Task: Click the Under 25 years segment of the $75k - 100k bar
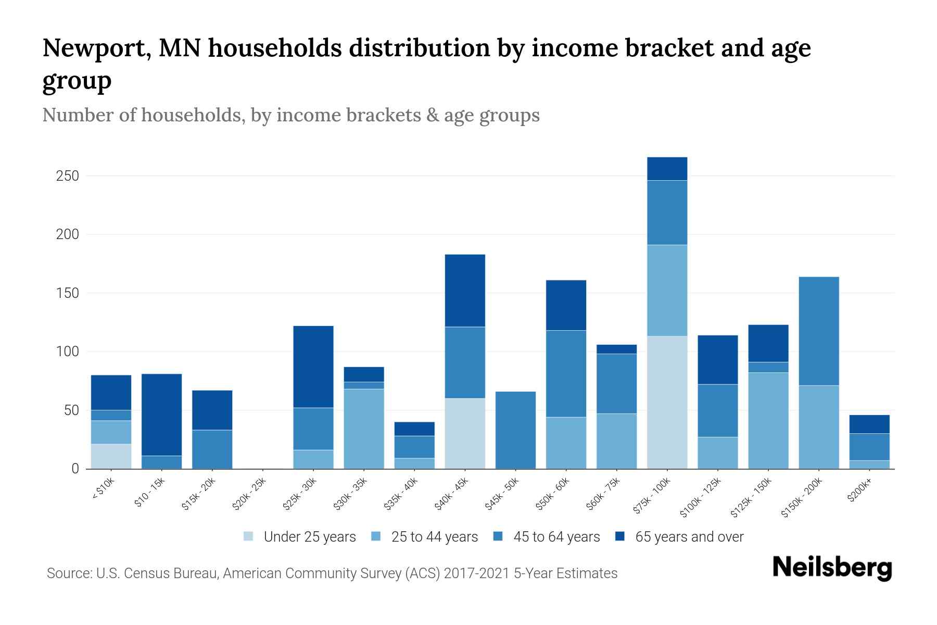[x=667, y=402]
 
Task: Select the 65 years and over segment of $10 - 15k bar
[x=161, y=415]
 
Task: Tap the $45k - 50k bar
[x=515, y=430]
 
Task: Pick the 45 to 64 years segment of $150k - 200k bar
[x=818, y=331]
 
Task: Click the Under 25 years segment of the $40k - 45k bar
[x=465, y=433]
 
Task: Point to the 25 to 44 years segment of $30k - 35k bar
[x=364, y=429]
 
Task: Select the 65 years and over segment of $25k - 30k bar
[x=313, y=367]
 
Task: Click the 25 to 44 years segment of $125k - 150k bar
[x=768, y=420]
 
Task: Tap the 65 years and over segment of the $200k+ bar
[x=869, y=424]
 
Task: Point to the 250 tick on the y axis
[x=67, y=176]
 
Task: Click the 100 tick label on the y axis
[x=67, y=352]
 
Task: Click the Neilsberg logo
[x=832, y=568]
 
